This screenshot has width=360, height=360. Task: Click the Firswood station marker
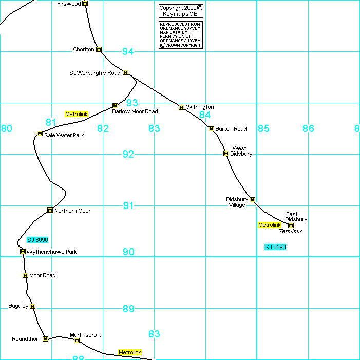click(x=85, y=3)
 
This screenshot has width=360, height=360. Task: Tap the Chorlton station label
click(x=84, y=49)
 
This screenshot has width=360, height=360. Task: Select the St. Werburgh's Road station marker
click(x=125, y=72)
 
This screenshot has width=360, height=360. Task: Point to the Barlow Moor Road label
click(x=135, y=111)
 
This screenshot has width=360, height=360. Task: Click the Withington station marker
click(x=181, y=107)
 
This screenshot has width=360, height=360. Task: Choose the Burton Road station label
click(x=231, y=129)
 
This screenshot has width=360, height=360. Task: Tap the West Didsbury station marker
click(x=225, y=153)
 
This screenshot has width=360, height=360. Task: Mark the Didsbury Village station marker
click(x=252, y=199)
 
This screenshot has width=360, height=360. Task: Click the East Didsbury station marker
click(x=291, y=225)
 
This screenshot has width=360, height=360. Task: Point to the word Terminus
click(x=291, y=232)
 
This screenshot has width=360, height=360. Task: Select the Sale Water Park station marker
click(x=40, y=134)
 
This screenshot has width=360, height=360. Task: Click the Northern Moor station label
click(x=72, y=211)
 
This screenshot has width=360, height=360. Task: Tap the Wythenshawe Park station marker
click(x=23, y=252)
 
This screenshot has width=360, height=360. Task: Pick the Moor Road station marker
click(x=25, y=275)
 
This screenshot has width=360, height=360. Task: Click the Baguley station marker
click(x=33, y=306)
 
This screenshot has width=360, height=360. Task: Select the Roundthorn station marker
click(x=45, y=339)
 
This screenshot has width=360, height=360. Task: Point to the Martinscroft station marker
click(x=77, y=340)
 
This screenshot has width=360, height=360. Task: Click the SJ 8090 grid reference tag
click(x=37, y=240)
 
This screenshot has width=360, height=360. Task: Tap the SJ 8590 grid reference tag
click(x=275, y=247)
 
